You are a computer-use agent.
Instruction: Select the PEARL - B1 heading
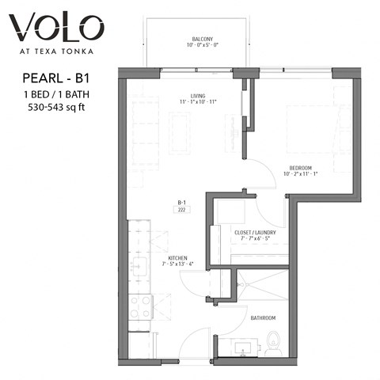point(54,79)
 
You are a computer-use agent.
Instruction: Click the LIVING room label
point(187,96)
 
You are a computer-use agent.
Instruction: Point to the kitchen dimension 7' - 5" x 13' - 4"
point(177,264)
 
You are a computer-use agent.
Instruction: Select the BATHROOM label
point(263,317)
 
